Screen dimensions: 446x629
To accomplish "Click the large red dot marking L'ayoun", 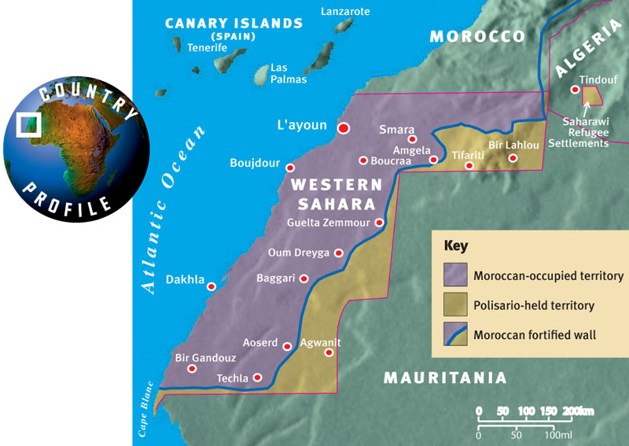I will point(343,127).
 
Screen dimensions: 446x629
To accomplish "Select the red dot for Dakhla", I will point(211,286).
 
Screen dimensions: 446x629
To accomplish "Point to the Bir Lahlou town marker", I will point(513,158).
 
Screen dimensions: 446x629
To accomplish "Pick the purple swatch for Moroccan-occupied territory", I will point(455,275).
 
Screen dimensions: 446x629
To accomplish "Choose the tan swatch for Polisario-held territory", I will point(455,305).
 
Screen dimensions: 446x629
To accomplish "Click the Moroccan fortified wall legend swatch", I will point(455,334).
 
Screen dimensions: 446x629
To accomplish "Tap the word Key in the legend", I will point(456,245).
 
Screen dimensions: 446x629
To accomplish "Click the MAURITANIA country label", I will point(444,378).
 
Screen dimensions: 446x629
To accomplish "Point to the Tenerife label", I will point(208,48).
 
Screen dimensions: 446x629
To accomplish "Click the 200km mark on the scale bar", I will point(579,411).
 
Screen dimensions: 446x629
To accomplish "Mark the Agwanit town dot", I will point(329,352).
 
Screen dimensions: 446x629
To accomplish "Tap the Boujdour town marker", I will point(290,168).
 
